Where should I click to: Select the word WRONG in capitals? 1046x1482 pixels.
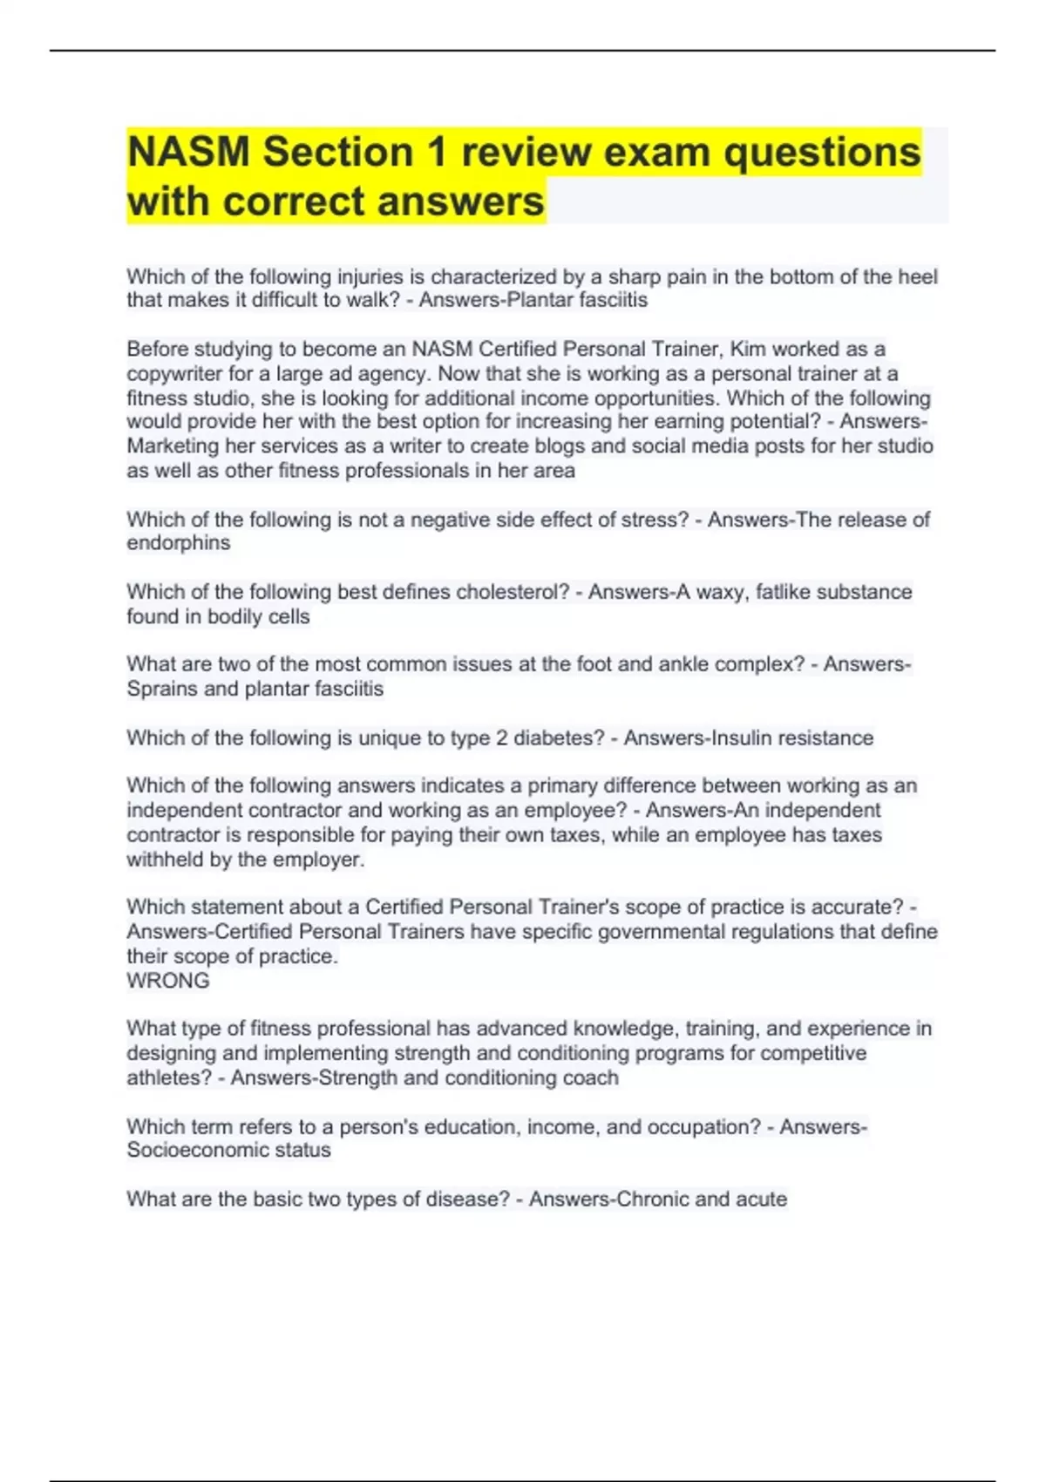pos(168,981)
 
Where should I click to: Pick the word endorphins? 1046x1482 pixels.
pos(179,543)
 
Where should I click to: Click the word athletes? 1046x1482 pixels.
pos(168,1078)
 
